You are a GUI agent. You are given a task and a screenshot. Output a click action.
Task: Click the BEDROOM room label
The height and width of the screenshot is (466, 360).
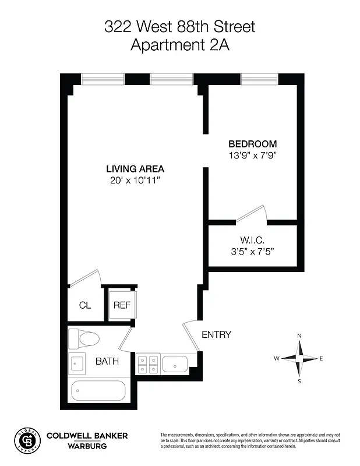(252, 144)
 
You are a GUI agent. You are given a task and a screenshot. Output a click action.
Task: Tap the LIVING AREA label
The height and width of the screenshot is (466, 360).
(135, 169)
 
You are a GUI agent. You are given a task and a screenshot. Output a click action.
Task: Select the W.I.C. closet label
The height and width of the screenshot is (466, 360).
(252, 240)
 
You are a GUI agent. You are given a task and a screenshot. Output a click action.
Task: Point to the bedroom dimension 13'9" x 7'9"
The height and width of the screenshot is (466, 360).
(252, 156)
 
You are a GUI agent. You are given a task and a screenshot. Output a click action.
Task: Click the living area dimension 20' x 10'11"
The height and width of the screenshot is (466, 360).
(135, 181)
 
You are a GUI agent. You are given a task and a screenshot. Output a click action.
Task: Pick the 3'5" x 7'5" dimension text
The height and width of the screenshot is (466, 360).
(252, 252)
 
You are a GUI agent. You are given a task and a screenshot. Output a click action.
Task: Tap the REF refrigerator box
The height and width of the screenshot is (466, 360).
(121, 305)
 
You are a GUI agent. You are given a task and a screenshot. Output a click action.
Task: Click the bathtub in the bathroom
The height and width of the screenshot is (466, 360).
(98, 391)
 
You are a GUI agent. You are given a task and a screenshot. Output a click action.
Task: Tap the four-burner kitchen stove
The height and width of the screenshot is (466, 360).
(147, 364)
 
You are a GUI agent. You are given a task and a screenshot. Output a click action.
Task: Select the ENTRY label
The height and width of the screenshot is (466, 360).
(216, 335)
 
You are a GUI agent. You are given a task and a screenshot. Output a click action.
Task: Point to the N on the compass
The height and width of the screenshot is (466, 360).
(299, 336)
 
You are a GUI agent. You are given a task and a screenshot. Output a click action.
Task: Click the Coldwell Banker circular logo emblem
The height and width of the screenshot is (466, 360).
(27, 441)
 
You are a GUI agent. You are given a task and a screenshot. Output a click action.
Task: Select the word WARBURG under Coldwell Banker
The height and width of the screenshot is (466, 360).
(88, 447)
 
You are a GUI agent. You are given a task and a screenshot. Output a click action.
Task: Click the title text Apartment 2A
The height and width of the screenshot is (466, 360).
(180, 45)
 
